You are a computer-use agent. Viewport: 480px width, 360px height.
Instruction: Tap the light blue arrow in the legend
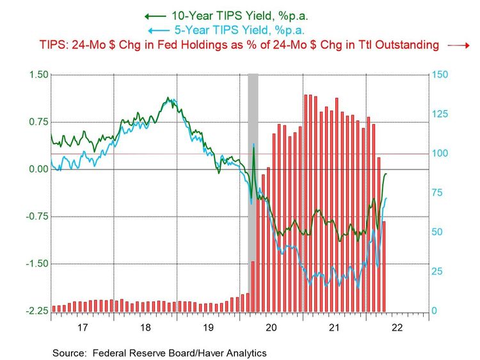tap(155, 30)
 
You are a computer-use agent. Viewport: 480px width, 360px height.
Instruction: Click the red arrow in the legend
tap(458, 45)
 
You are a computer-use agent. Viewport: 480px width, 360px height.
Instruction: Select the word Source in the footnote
tap(69, 352)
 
